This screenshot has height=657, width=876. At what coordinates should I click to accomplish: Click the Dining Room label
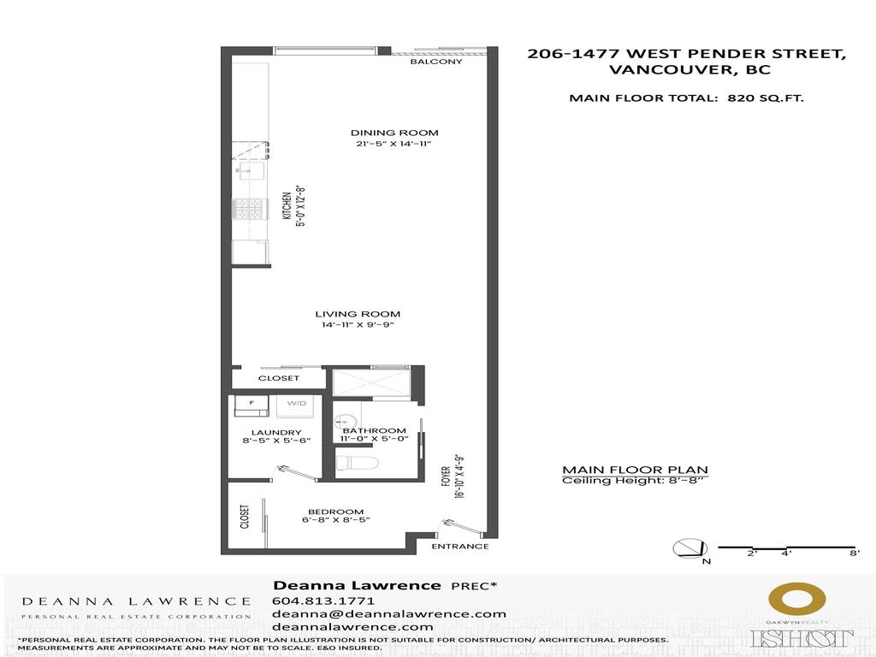[x=394, y=133]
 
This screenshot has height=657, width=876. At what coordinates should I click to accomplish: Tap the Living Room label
[x=358, y=314]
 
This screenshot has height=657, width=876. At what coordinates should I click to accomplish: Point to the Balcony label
[x=435, y=62]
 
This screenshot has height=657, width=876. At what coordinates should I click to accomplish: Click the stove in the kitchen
[x=251, y=208]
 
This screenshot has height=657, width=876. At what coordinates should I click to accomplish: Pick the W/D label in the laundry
[x=297, y=403]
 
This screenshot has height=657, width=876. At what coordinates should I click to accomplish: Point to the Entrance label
[x=459, y=546]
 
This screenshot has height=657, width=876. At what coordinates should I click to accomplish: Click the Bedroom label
[x=329, y=512]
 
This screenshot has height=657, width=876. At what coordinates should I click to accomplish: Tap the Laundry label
[x=276, y=432]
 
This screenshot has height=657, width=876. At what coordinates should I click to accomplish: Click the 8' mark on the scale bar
[x=854, y=554]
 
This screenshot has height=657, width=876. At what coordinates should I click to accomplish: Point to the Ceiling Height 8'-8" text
[x=635, y=481]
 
